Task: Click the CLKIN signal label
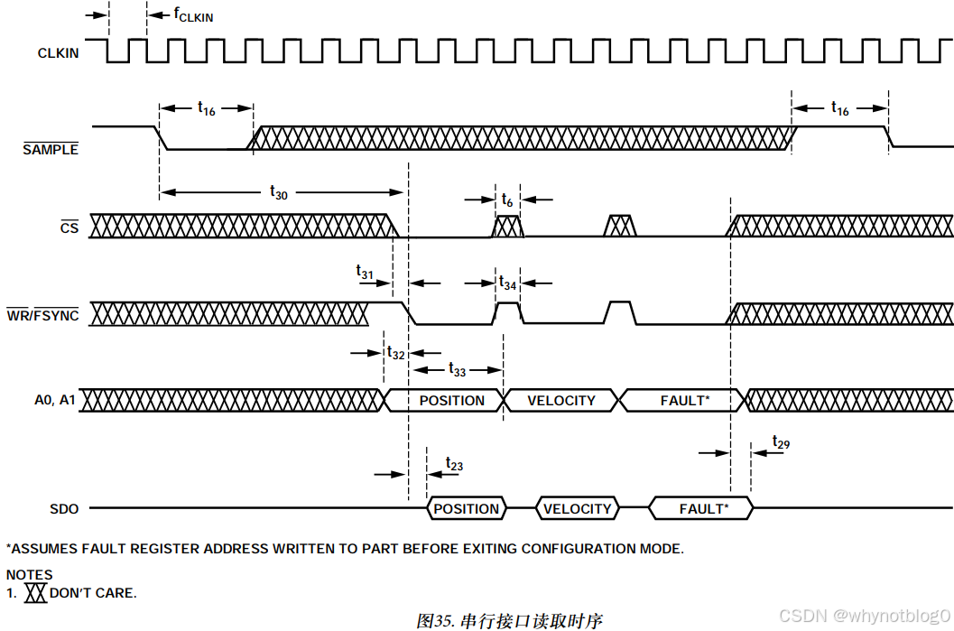pos(58,53)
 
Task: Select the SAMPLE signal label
pos(51,150)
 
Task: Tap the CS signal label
pos(69,228)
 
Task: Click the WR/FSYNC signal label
pos(42,316)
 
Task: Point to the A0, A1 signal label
pos(55,401)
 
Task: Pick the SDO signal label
pos(63,509)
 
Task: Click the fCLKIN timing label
pos(193,15)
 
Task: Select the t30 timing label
pos(279,192)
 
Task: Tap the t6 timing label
pos(507,200)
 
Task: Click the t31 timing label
pos(365,271)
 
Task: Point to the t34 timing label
pos(508,283)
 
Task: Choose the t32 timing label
pos(395,353)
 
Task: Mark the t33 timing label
pos(457,369)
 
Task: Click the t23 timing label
pos(454,465)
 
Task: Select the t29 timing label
pos(781,442)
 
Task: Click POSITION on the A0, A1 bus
pos(451,401)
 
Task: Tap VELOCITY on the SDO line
pos(577,509)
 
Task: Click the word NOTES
pos(30,574)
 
